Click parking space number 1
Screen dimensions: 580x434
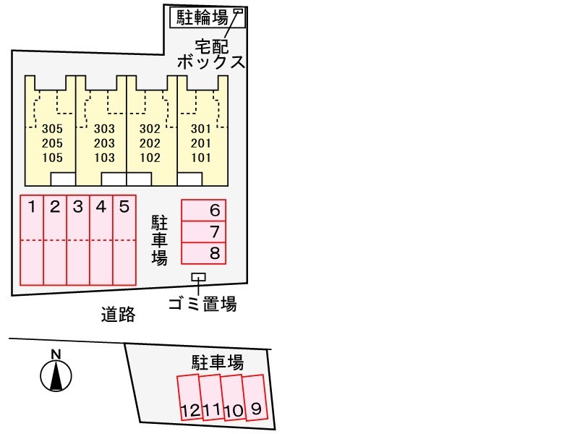pos(32,240)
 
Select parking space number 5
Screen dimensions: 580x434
pos(124,240)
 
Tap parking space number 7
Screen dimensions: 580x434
pos(203,232)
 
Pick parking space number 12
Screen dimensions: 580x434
pos(189,398)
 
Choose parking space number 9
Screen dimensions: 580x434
pos(255,398)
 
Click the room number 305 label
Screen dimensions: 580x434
pos(52,129)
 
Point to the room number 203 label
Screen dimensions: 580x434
pos(104,143)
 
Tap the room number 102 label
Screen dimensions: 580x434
pos(150,158)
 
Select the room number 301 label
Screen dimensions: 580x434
pos(201,129)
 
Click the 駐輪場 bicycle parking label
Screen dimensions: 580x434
pos(202,17)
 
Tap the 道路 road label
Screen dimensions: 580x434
pos(119,315)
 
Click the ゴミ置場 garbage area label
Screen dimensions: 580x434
pos(202,304)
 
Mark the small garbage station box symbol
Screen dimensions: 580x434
pos(199,277)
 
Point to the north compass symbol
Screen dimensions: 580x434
pos(56,375)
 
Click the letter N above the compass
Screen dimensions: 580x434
pos(56,354)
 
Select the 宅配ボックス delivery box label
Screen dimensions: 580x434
pos(211,54)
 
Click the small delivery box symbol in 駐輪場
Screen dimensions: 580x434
pos(238,12)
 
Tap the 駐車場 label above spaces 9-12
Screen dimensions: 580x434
pos(218,362)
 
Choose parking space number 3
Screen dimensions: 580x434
pos(78,240)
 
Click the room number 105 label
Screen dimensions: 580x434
pos(52,158)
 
